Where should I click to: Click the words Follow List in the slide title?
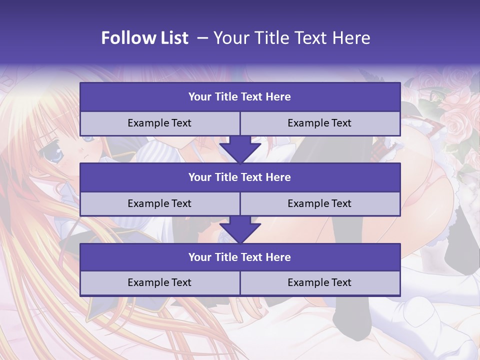(x=144, y=38)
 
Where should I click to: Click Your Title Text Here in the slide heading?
(x=291, y=38)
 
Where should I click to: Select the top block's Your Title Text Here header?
(x=239, y=97)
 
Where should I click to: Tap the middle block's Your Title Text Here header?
(x=239, y=177)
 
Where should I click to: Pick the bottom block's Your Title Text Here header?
(x=239, y=257)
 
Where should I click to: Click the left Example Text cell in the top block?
(x=159, y=123)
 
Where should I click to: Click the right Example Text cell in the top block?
(x=319, y=123)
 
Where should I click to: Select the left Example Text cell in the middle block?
(x=159, y=204)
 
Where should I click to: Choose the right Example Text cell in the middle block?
(x=319, y=204)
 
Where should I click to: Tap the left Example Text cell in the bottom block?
(x=159, y=283)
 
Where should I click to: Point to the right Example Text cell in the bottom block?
(x=319, y=283)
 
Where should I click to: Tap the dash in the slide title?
(x=202, y=38)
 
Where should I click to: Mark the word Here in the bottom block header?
(x=278, y=257)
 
